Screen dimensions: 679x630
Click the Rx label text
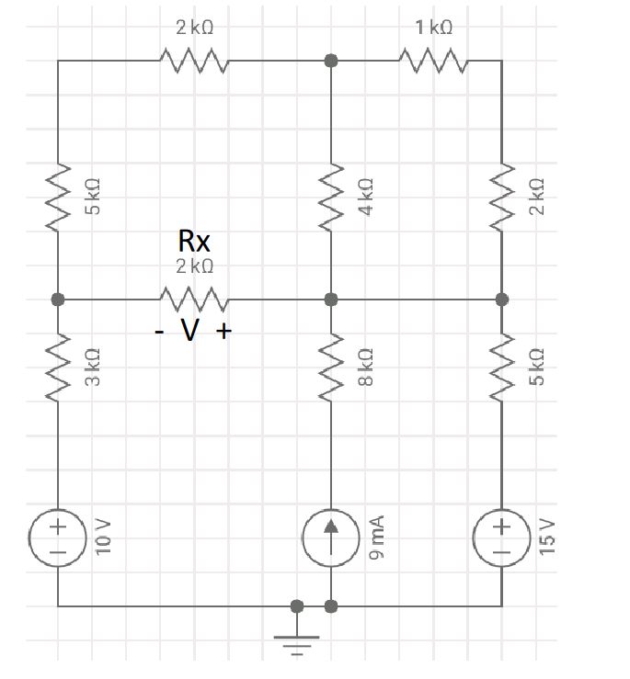(194, 242)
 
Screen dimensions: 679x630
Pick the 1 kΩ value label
(433, 28)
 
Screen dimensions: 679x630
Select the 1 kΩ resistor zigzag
(434, 62)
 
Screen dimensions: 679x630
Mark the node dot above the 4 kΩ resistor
(331, 61)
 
